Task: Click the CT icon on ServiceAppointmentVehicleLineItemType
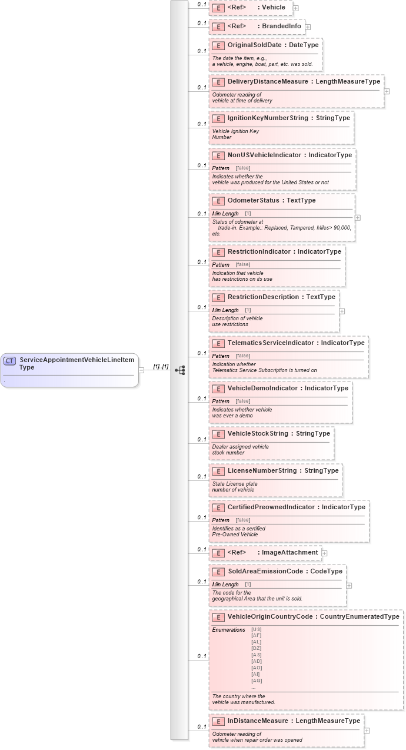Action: pos(10,361)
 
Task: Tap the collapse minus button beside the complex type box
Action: pos(141,370)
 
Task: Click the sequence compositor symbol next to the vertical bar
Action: pos(180,370)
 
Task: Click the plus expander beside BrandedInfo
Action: pos(308,27)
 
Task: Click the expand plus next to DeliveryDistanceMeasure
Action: pos(387,91)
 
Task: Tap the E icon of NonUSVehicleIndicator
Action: pos(218,155)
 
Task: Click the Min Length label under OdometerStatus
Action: pos(225,213)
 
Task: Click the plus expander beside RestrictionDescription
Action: pos(342,311)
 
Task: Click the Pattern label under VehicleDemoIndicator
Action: pos(221,401)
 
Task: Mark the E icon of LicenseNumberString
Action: pos(218,471)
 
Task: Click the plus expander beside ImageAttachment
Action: pos(324,553)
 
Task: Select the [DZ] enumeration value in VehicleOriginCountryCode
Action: pos(256,648)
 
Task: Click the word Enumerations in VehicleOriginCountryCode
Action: pos(228,630)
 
